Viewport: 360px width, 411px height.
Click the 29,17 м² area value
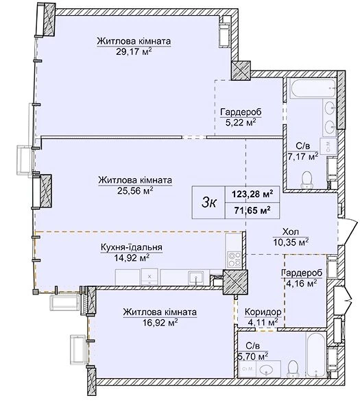[134, 51]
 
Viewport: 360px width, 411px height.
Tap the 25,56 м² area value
[135, 190]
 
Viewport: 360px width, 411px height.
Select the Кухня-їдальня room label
[132, 247]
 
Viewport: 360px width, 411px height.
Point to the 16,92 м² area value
[160, 322]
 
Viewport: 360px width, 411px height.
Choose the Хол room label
[291, 232]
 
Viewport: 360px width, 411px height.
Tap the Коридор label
[263, 312]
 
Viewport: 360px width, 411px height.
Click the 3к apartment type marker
[209, 203]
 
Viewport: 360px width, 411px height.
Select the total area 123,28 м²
[252, 195]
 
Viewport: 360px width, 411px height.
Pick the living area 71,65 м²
[252, 210]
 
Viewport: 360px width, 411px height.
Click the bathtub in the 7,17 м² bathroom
[312, 89]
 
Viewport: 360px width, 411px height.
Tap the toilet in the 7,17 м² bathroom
[307, 179]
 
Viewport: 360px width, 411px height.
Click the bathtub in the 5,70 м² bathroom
[315, 355]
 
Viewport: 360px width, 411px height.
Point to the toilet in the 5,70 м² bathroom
[293, 369]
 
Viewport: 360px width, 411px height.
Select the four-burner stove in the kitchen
[234, 259]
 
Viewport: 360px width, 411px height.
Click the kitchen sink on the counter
[195, 278]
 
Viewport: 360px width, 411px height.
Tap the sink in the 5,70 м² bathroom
[266, 370]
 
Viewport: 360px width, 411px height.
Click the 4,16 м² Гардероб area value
[302, 284]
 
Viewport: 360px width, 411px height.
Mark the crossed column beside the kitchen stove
[235, 282]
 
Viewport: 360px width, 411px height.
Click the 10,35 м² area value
[291, 242]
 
